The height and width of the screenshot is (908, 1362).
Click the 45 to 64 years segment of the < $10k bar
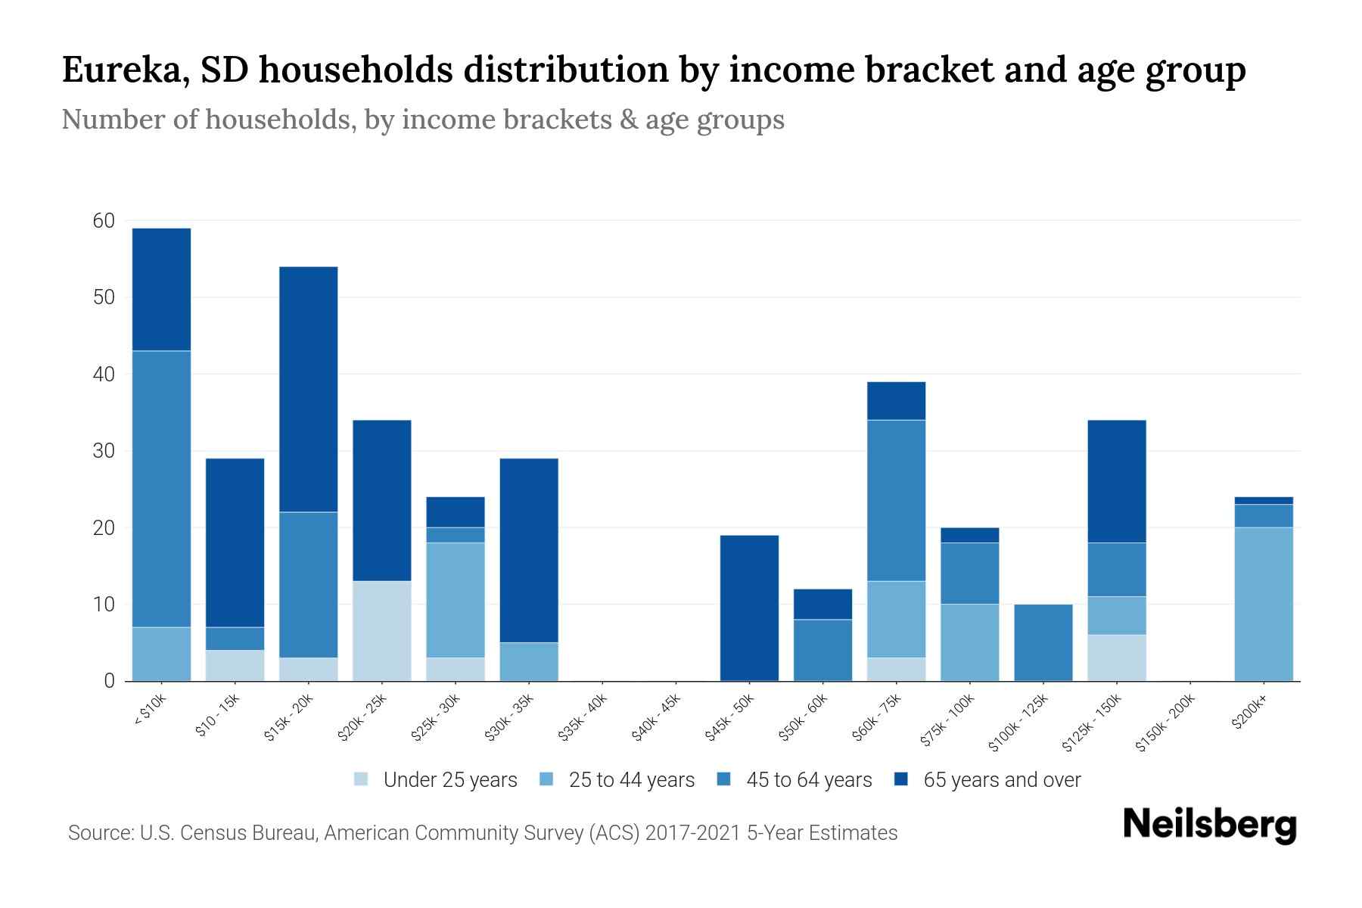[161, 489]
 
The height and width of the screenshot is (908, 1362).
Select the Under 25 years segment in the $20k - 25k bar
[382, 631]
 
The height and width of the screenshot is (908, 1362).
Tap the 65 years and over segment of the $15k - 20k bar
[309, 389]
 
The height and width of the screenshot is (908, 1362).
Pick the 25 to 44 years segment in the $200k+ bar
[1264, 604]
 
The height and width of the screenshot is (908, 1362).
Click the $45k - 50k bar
[749, 608]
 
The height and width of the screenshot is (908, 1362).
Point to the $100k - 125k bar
[1043, 642]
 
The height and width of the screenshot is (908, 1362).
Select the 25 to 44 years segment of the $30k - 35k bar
[529, 661]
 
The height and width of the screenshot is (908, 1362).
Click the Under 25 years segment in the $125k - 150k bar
[1116, 658]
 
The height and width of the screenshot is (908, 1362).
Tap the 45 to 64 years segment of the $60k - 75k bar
[896, 500]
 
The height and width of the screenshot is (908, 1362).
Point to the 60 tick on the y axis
[104, 221]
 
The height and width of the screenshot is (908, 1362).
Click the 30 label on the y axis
[104, 451]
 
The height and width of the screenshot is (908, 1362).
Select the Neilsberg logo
[1209, 826]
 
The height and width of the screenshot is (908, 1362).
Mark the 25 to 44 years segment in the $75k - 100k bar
[969, 642]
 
